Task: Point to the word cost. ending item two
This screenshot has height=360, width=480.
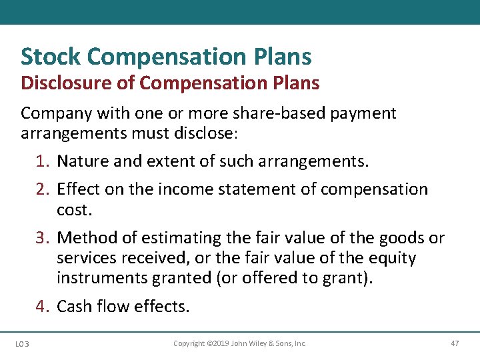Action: tap(73, 210)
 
